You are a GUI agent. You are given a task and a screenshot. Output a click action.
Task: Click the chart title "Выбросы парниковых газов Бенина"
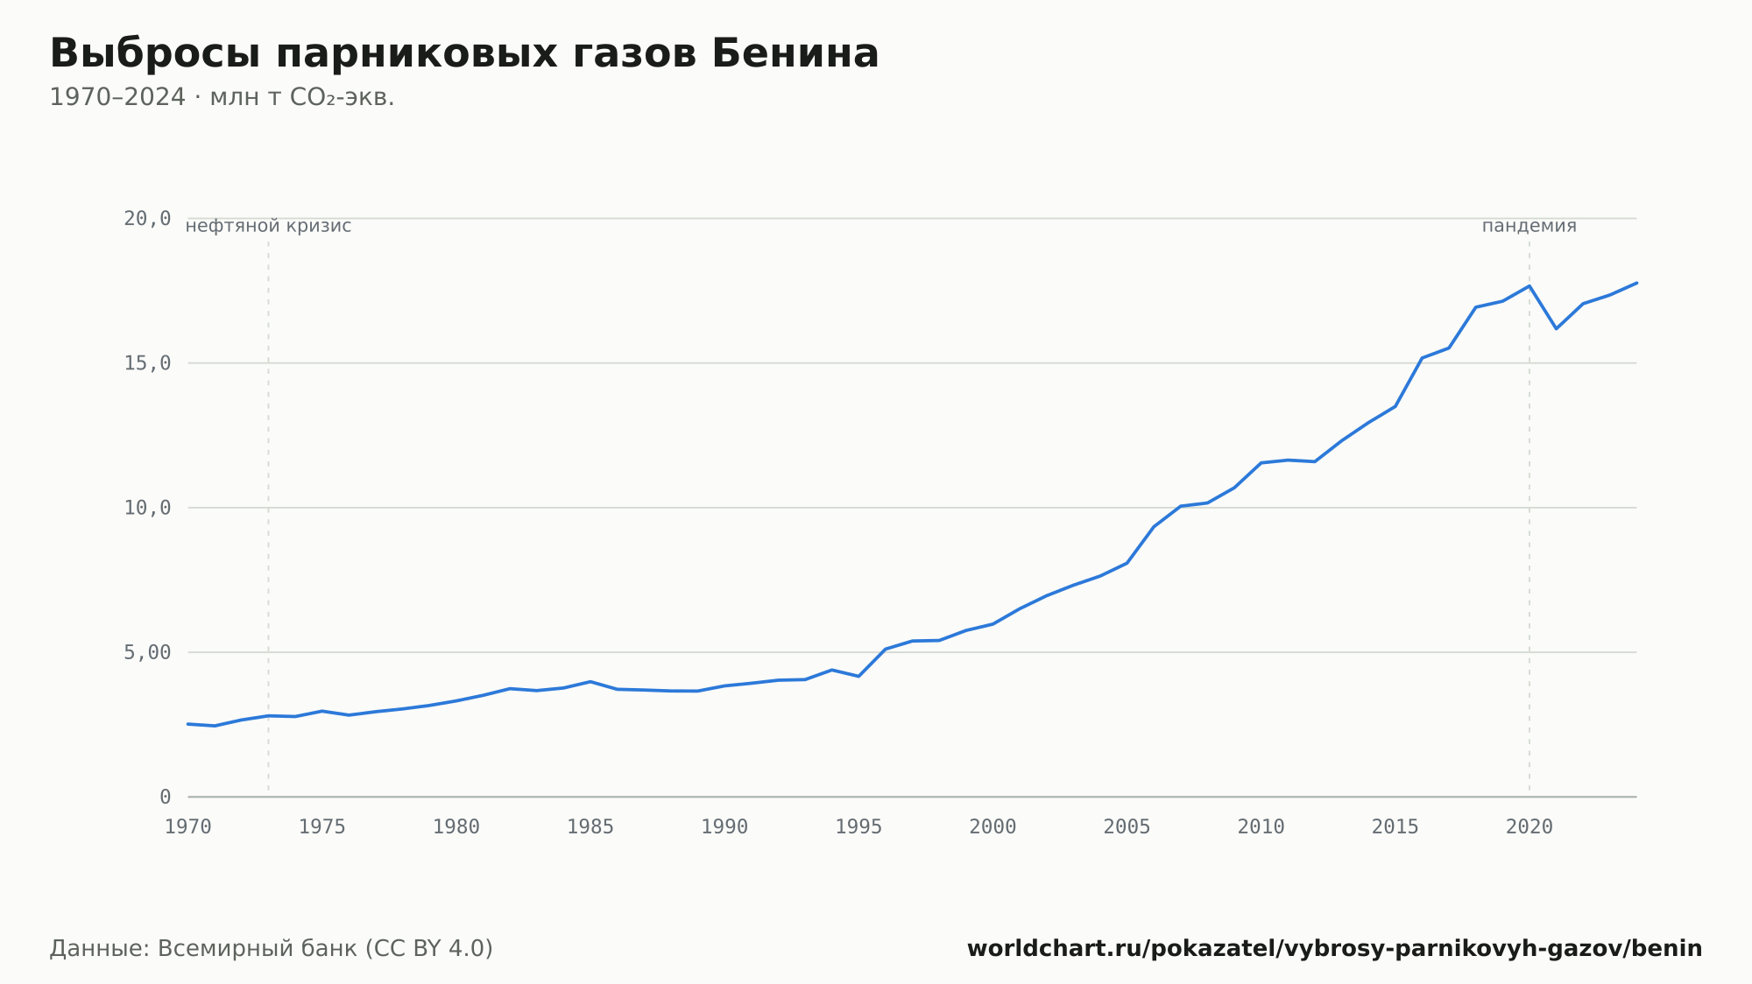click(464, 54)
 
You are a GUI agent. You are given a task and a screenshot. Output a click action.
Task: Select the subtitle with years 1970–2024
click(222, 97)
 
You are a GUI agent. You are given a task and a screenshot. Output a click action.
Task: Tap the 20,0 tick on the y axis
click(147, 219)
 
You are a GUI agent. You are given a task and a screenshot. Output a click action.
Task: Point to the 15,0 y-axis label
click(147, 363)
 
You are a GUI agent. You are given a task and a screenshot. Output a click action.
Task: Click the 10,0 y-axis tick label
click(147, 508)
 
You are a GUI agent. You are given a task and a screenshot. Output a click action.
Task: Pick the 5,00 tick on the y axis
click(147, 652)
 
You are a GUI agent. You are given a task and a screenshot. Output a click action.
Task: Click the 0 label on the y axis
click(166, 797)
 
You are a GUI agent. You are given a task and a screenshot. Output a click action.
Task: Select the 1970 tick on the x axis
click(188, 827)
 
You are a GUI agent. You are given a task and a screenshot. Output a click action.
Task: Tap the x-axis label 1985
click(590, 827)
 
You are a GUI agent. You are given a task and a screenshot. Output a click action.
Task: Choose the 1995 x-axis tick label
click(858, 827)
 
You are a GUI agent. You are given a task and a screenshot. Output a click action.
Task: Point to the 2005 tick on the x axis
click(1127, 827)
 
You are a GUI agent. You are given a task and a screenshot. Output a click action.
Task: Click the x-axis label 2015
click(1395, 827)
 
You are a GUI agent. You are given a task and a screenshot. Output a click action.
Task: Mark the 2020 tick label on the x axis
click(1529, 827)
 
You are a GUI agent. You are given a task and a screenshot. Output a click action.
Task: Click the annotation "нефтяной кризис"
click(268, 226)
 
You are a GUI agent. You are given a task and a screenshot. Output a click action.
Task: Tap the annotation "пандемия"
click(1529, 226)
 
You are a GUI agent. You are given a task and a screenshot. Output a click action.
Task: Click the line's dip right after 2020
click(1556, 328)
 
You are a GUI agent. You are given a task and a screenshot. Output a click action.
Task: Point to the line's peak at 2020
click(1529, 285)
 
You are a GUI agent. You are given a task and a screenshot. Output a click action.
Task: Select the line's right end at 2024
click(1636, 283)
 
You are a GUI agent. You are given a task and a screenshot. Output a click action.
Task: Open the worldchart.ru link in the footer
click(1334, 948)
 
